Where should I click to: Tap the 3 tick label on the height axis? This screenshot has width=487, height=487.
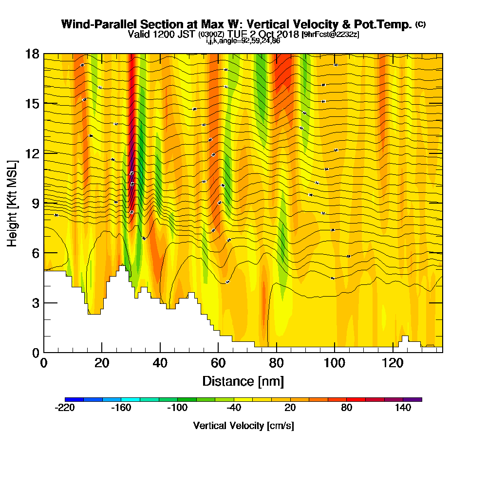click(x=36, y=303)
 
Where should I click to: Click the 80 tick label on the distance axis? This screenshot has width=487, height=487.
click(x=277, y=363)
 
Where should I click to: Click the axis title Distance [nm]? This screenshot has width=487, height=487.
click(x=243, y=381)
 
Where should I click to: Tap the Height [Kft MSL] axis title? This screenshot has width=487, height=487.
click(x=12, y=203)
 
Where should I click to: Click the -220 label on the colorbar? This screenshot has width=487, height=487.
click(x=65, y=408)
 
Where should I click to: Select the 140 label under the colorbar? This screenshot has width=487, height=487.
click(x=403, y=408)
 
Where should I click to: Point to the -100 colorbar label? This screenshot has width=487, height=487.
click(x=177, y=408)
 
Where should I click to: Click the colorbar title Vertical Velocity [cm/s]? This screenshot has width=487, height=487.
click(x=243, y=426)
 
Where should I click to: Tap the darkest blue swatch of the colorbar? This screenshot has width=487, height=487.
click(x=74, y=399)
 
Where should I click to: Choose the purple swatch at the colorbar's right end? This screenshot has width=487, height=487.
click(x=412, y=399)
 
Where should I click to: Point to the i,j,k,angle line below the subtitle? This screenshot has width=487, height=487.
click(x=243, y=41)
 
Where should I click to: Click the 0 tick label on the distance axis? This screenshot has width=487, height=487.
click(x=44, y=363)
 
